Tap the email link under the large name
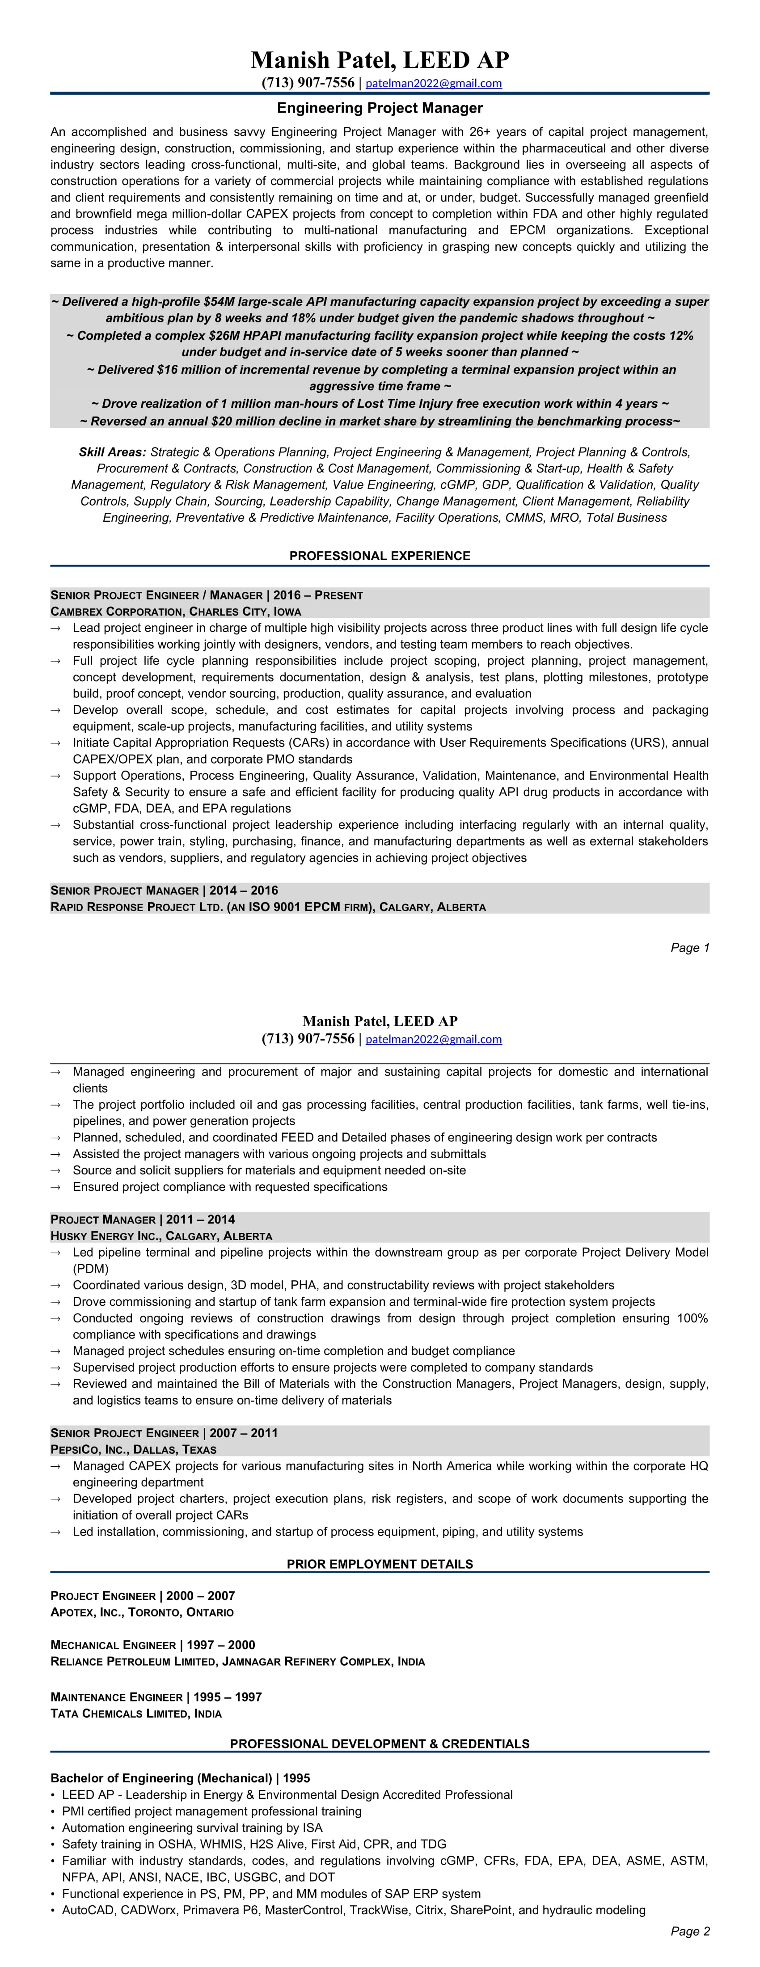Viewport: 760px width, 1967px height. [x=433, y=83]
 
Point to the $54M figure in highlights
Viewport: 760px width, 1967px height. [x=221, y=302]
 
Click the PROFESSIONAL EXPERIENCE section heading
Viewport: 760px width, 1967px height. [x=380, y=556]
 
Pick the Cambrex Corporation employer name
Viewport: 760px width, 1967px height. [x=116, y=612]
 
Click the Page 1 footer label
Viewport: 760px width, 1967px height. [x=690, y=948]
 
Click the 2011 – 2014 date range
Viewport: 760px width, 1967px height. [x=200, y=1220]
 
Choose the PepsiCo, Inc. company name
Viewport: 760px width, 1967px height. [x=89, y=1449]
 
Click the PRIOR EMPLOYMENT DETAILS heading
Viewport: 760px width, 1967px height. [x=380, y=1564]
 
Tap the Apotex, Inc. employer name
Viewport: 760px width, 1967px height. [x=86, y=1612]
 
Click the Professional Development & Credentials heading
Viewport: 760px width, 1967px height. [x=380, y=1744]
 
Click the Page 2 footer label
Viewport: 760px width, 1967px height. [x=690, y=1931]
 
